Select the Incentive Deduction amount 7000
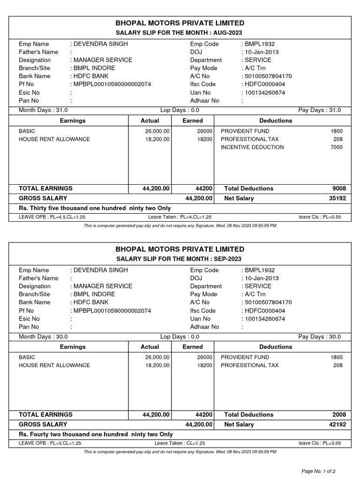tap(337, 147)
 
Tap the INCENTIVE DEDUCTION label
tap(252, 147)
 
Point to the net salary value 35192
tap(337, 198)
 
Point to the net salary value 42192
tap(337, 425)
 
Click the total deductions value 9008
tap(339, 188)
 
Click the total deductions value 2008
tap(339, 415)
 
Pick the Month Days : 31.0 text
tap(43, 110)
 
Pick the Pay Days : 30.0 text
tap(320, 337)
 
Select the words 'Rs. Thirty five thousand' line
tap(95, 208)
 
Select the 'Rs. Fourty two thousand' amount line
tap(96, 435)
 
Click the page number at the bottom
tap(318, 470)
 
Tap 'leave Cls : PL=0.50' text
tap(320, 217)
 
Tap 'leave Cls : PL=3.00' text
tap(320, 443)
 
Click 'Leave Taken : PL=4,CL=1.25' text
tap(180, 217)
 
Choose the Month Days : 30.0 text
tap(43, 337)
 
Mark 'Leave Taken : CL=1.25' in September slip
tap(180, 443)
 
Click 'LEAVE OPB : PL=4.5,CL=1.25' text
tap(52, 217)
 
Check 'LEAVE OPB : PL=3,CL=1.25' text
tap(50, 443)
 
